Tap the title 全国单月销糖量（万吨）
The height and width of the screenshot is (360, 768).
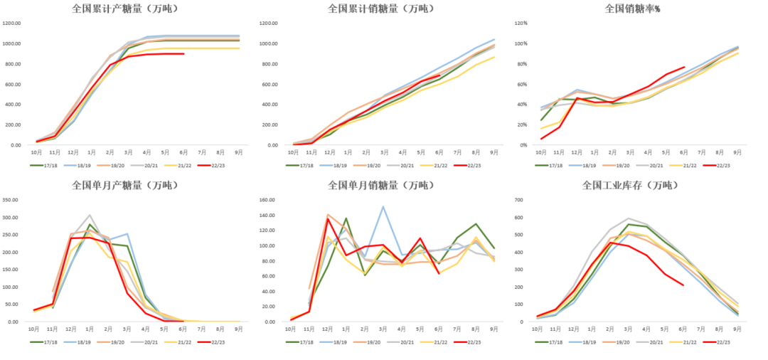pos(380,186)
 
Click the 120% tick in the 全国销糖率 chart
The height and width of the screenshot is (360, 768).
pos(521,23)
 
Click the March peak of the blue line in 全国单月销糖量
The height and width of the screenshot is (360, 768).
pos(383,207)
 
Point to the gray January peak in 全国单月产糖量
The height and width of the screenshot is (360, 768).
pos(90,215)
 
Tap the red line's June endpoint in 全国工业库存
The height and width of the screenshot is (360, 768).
pos(683,285)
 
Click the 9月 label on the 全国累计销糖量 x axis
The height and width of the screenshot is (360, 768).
pos(494,152)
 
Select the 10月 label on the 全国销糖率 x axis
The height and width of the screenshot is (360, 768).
pos(540,152)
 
